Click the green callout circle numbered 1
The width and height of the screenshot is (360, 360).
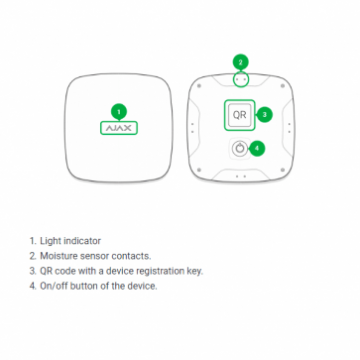coord(119,112)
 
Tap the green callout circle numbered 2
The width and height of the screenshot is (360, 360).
coord(241,62)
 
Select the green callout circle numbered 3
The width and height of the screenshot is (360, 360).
coord(264,115)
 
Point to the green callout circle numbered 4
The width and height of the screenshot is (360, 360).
coord(257,148)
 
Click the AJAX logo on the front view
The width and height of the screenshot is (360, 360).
coord(119,128)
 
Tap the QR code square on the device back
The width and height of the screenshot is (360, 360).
coord(239,115)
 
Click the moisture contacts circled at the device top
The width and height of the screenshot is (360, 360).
coord(241,80)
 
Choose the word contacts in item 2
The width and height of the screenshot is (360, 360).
coord(131,256)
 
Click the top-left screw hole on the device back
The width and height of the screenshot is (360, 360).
coord(199,86)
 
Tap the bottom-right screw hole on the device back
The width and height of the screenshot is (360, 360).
coord(283,170)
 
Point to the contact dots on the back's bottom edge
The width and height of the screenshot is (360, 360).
coord(241,176)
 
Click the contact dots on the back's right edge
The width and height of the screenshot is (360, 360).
coord(289,128)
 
